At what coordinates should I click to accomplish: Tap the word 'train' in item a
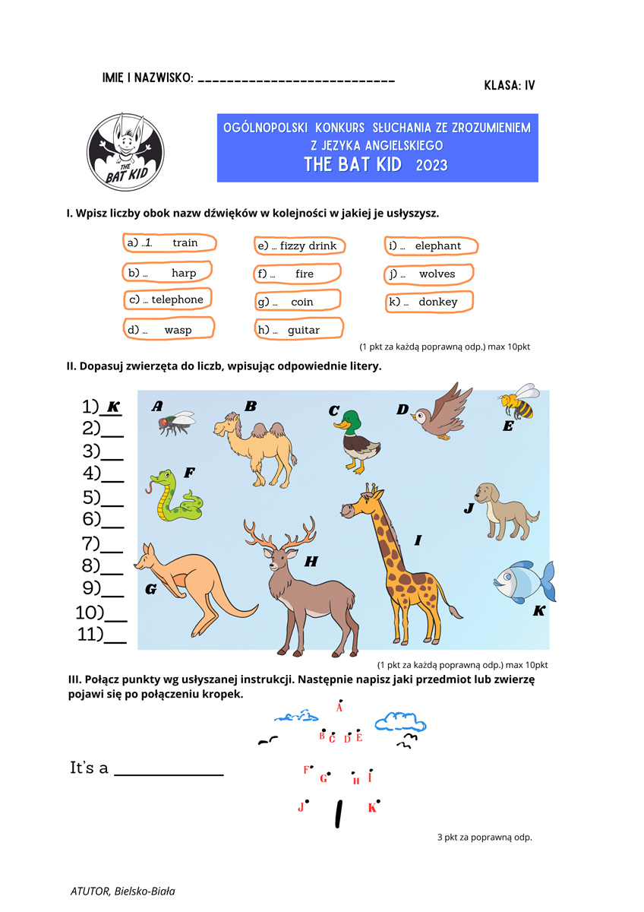(x=185, y=242)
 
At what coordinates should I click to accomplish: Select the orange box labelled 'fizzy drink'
(x=300, y=245)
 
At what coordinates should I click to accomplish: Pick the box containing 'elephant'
(x=431, y=245)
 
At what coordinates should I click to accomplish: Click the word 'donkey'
(x=438, y=302)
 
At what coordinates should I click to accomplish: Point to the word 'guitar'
(x=304, y=330)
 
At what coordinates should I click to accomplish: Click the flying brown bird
(x=438, y=413)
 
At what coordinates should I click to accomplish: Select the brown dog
(x=503, y=508)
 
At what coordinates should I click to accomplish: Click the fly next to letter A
(x=175, y=422)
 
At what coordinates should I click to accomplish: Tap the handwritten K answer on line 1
(x=112, y=407)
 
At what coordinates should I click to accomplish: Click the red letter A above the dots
(x=339, y=708)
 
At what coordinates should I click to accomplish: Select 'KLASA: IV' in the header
(x=509, y=85)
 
